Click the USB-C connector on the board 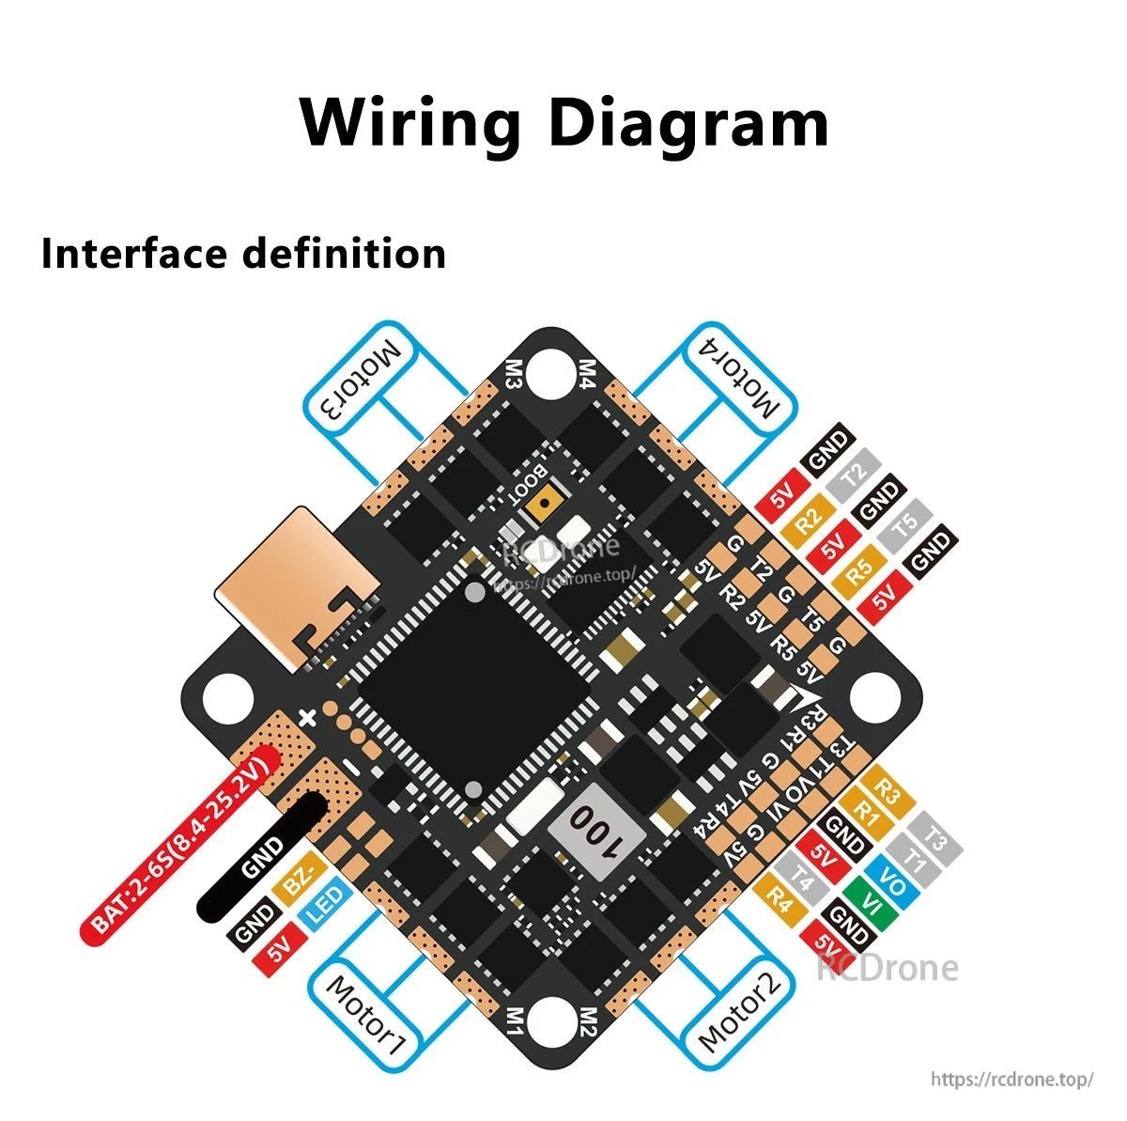(296, 584)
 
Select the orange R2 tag (808, 516)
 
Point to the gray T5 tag (903, 526)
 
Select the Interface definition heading (243, 254)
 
